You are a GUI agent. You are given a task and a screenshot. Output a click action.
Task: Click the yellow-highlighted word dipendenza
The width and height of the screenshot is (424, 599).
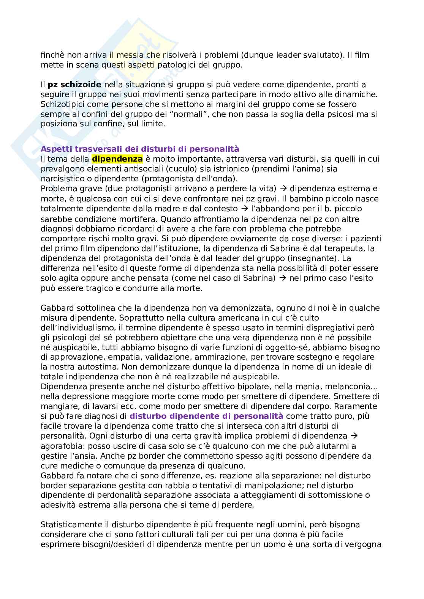[117, 159]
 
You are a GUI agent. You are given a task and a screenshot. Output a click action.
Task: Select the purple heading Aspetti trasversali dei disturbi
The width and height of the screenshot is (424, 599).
[140, 149]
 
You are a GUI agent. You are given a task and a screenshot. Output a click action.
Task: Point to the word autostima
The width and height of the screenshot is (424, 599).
[109, 367]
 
